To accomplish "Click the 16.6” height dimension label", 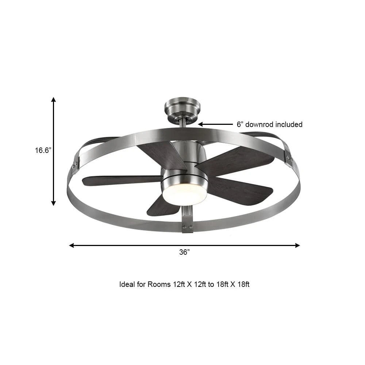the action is [x=43, y=150].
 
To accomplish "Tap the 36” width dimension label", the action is [x=184, y=252].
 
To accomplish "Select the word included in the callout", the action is [x=289, y=124].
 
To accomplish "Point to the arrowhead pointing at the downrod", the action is [x=200, y=124].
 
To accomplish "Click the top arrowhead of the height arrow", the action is [x=54, y=100].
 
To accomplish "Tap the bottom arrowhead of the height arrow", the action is [x=54, y=203].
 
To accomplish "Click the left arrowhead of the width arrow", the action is [x=72, y=245].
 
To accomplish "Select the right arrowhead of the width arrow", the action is [x=297, y=245].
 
